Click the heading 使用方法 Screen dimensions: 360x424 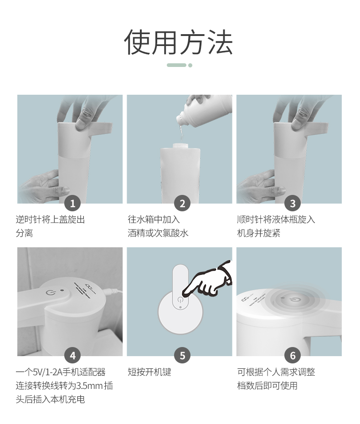click(x=179, y=42)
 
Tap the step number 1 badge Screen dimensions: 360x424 click(x=72, y=203)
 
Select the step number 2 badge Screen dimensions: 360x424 click(x=182, y=203)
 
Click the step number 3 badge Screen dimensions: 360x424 click(x=293, y=203)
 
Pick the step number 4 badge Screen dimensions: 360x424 click(x=72, y=356)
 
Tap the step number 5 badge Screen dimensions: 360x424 click(x=182, y=356)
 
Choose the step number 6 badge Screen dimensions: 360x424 click(x=293, y=356)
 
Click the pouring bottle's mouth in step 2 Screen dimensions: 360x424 click(x=180, y=119)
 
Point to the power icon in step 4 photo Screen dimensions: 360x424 click(x=50, y=292)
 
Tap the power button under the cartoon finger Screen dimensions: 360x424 click(x=180, y=300)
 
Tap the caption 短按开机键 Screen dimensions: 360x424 click(x=149, y=372)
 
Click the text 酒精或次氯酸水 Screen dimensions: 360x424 click(x=158, y=233)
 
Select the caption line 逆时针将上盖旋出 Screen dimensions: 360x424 click(x=50, y=220)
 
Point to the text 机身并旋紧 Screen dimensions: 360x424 click(x=259, y=233)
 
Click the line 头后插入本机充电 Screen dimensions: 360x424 click(x=50, y=399)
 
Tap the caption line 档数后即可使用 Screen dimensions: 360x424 click(x=267, y=386)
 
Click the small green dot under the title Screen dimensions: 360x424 click(x=190, y=65)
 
